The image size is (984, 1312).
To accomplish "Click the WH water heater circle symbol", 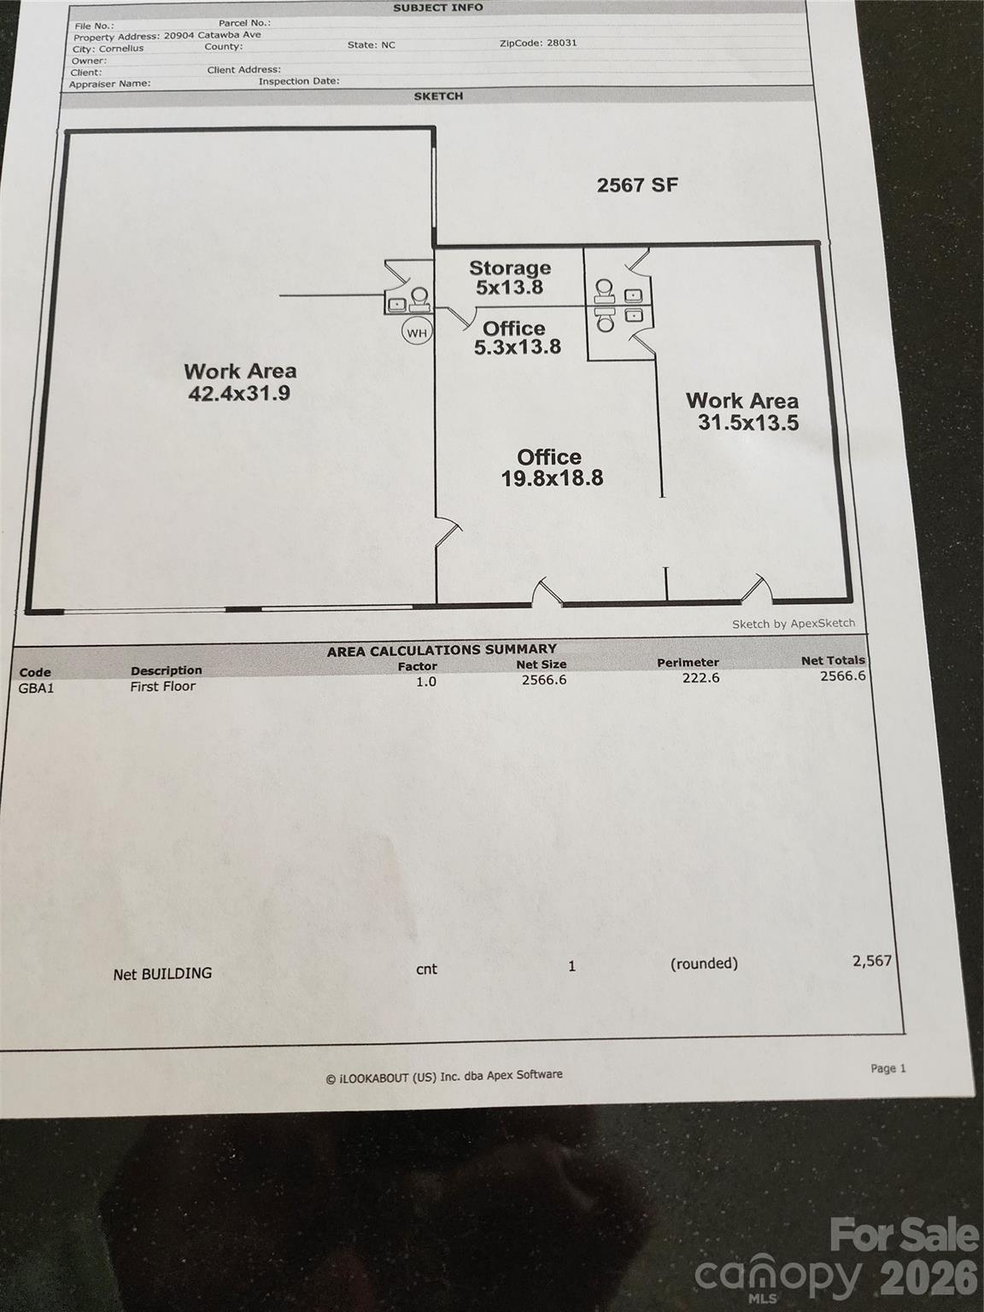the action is click(x=417, y=332).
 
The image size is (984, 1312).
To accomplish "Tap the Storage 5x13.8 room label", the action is click(x=510, y=278).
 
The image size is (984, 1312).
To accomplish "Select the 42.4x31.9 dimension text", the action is click(x=239, y=393).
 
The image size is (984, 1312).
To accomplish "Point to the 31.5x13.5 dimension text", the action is click(x=748, y=423).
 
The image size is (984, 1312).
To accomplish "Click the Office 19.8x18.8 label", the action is click(x=551, y=467).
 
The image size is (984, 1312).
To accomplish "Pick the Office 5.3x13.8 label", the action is click(x=517, y=337).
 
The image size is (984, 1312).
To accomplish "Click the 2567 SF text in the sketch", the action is click(x=637, y=185).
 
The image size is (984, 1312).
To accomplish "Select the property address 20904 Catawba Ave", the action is click(x=212, y=35).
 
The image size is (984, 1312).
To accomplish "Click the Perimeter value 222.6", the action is click(x=700, y=678).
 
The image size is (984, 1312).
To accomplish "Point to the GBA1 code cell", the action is click(x=36, y=688).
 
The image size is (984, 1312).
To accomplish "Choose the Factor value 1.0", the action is click(x=426, y=682).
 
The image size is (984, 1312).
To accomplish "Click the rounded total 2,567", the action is click(x=872, y=962).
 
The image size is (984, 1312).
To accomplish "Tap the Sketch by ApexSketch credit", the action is click(x=794, y=624).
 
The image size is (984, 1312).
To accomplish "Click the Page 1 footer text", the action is click(x=887, y=1068).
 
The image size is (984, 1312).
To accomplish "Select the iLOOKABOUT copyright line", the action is click(x=444, y=1076).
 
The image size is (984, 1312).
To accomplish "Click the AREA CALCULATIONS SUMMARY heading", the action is click(x=442, y=650).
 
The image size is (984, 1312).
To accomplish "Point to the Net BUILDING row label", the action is click(x=162, y=974).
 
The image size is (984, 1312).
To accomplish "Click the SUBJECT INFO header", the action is click(x=438, y=8).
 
